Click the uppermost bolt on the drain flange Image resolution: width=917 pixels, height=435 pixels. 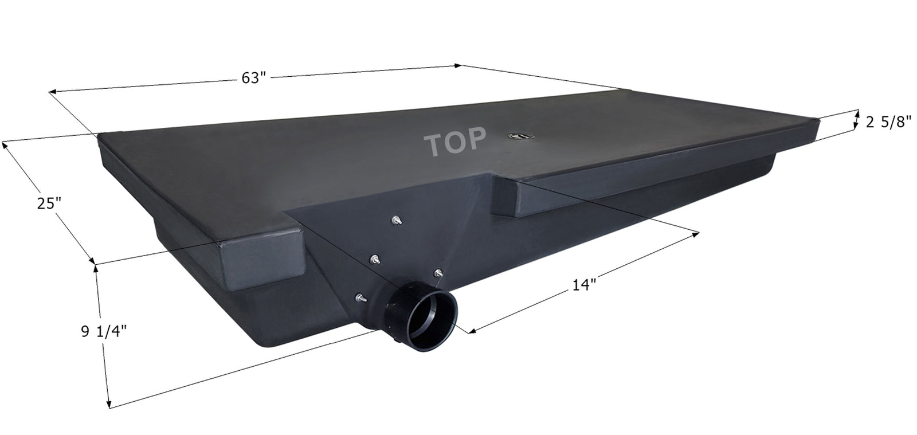pyautogui.click(x=396, y=220)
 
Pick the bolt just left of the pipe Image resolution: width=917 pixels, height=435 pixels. pyautogui.click(x=359, y=297)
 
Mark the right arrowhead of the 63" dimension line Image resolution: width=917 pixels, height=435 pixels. pyautogui.click(x=457, y=65)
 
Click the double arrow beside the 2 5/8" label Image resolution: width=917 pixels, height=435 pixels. pyautogui.click(x=857, y=119)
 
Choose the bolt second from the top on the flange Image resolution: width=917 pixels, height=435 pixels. pyautogui.click(x=374, y=259)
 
